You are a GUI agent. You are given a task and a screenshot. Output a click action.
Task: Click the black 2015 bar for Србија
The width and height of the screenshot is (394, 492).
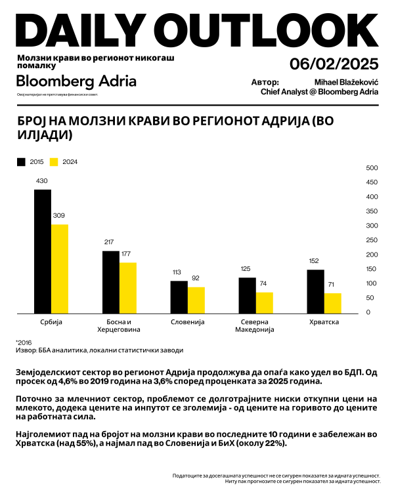[43, 252]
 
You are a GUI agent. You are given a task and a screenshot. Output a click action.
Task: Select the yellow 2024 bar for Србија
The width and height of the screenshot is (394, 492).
[60, 269]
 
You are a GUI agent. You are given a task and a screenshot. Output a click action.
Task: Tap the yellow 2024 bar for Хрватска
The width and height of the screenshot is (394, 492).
[332, 303]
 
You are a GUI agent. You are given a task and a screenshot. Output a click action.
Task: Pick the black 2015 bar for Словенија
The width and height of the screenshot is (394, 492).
[179, 297]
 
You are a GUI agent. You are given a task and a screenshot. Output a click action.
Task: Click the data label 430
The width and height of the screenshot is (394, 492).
[42, 181]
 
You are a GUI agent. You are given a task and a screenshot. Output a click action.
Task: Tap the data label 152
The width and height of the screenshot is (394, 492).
[314, 261]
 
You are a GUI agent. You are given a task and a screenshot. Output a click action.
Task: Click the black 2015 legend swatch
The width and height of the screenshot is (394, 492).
[21, 161]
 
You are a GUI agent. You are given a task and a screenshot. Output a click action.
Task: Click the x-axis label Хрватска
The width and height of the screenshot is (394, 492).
[324, 323]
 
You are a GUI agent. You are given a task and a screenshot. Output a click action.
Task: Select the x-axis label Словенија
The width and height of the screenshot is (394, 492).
[187, 323]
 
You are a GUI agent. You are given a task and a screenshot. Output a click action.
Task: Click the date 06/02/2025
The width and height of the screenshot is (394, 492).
[334, 64]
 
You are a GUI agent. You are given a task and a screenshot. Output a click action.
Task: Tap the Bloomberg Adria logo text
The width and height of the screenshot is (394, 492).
[76, 81]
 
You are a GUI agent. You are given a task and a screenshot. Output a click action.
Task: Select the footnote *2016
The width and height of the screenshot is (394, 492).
[24, 342]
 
